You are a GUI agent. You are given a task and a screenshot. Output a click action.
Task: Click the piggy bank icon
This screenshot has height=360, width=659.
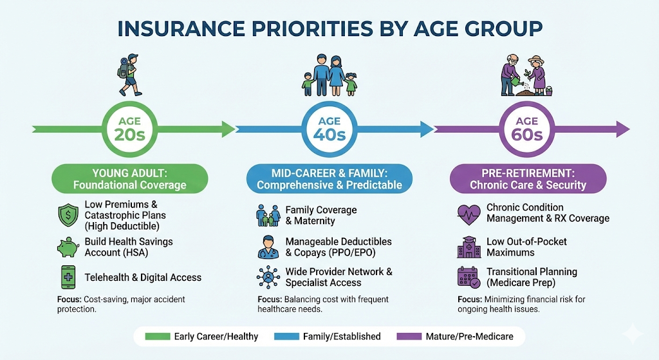coord(68,247)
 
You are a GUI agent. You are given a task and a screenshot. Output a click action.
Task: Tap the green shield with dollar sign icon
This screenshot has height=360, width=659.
coord(68,215)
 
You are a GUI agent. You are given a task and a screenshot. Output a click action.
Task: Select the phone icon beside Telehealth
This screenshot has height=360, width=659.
coord(68,277)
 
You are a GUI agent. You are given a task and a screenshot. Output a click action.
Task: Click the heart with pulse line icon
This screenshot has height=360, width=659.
coord(469,214)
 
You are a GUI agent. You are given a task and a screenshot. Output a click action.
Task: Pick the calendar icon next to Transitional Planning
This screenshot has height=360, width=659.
coord(469,277)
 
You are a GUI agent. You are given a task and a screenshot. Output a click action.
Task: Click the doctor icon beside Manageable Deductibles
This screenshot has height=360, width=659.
coord(268,247)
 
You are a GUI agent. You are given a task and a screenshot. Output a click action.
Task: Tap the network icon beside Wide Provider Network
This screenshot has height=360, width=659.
coord(268,277)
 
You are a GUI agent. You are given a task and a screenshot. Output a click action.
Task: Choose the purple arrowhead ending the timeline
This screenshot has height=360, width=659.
coord(623,129)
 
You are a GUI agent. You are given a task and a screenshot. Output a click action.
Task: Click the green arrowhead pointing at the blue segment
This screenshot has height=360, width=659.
coord(228,129)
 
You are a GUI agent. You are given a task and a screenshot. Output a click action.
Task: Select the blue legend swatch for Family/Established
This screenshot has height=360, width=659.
coord(286,336)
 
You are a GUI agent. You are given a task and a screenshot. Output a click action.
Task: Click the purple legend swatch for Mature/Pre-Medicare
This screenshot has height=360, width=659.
coord(409,336)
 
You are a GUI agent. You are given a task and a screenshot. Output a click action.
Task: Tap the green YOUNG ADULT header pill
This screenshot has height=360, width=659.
coord(130,179)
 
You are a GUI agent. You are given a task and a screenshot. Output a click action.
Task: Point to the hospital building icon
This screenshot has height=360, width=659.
coord(469,247)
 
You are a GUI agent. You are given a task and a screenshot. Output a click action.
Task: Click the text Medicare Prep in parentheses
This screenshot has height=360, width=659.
coord(521,283)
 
